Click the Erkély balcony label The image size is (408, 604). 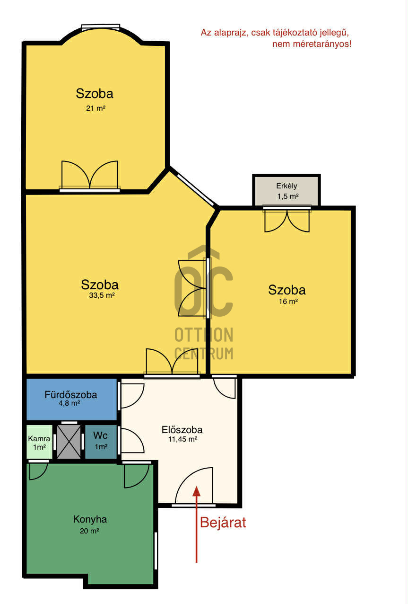click(286, 186)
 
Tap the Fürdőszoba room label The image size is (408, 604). click(71, 395)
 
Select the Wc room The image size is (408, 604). click(101, 442)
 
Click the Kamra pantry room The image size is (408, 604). click(39, 442)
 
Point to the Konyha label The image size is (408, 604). click(90, 519)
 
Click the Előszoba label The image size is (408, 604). click(182, 430)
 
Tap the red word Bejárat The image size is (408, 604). click(223, 523)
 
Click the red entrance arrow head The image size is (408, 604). click(197, 491)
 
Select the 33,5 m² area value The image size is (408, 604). click(102, 295)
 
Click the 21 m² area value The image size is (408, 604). click(95, 108)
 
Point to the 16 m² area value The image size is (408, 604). click(288, 301)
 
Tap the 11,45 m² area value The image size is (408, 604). click(183, 439)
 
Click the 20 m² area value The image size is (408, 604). click(89, 531)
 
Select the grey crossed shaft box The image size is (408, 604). click(69, 442)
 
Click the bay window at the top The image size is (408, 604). click(101, 27)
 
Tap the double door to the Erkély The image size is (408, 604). click(287, 220)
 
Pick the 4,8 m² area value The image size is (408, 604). click(69, 403)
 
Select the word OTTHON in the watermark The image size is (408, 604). click(204, 335)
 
